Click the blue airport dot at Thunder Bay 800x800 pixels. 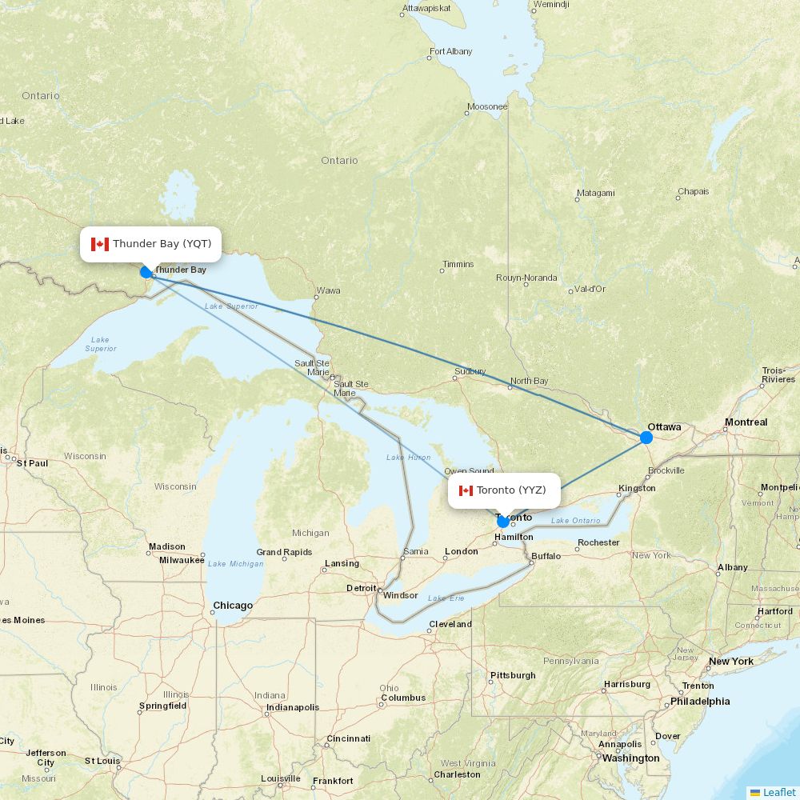pyautogui.click(x=146, y=272)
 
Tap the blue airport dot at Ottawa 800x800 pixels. pyautogui.click(x=646, y=438)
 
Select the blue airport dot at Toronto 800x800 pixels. pyautogui.click(x=503, y=522)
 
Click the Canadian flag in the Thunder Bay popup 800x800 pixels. pyautogui.click(x=100, y=244)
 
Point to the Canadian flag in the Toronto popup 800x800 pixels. pyautogui.click(x=466, y=490)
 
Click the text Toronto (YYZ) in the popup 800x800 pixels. pyautogui.click(x=511, y=490)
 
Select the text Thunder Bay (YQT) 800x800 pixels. pyautogui.click(x=162, y=244)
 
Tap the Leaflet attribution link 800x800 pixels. pyautogui.click(x=778, y=792)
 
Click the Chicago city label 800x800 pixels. pyautogui.click(x=232, y=606)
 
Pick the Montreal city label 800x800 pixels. pyautogui.click(x=746, y=422)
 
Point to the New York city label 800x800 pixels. pyautogui.click(x=730, y=661)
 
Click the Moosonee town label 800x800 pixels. pyautogui.click(x=487, y=106)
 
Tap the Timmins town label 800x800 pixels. pyautogui.click(x=458, y=264)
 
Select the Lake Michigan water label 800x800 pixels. pyautogui.click(x=235, y=563)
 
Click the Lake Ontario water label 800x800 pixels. pyautogui.click(x=575, y=521)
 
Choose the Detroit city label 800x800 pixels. pyautogui.click(x=361, y=588)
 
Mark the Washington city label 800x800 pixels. pyautogui.click(x=630, y=758)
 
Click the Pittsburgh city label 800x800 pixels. pyautogui.click(x=513, y=675)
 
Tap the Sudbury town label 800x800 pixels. pyautogui.click(x=470, y=371)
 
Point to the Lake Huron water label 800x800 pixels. pyautogui.click(x=408, y=458)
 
